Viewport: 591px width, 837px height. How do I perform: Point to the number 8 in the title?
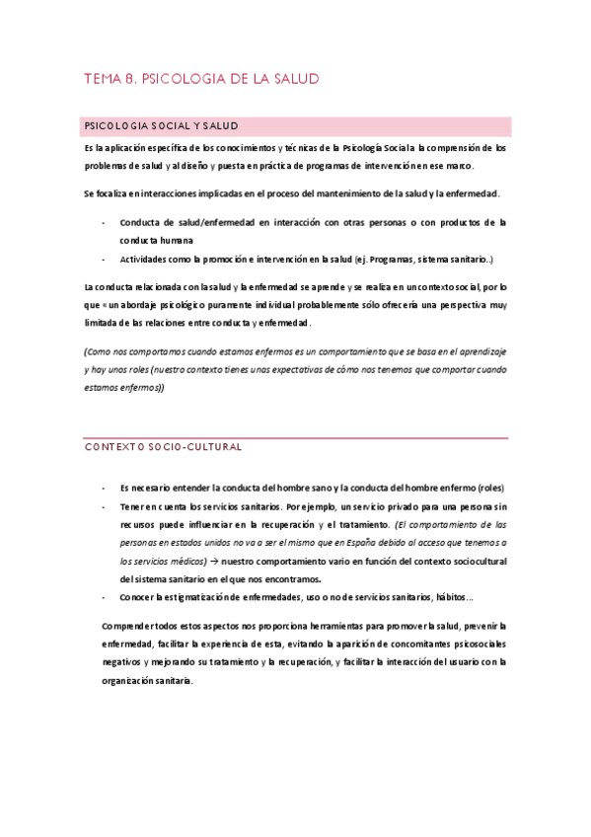click(131, 79)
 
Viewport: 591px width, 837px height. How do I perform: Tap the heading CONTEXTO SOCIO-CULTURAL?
click(163, 447)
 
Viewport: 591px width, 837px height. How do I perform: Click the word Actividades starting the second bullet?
click(149, 260)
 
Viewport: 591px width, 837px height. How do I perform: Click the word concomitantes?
click(376, 645)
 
